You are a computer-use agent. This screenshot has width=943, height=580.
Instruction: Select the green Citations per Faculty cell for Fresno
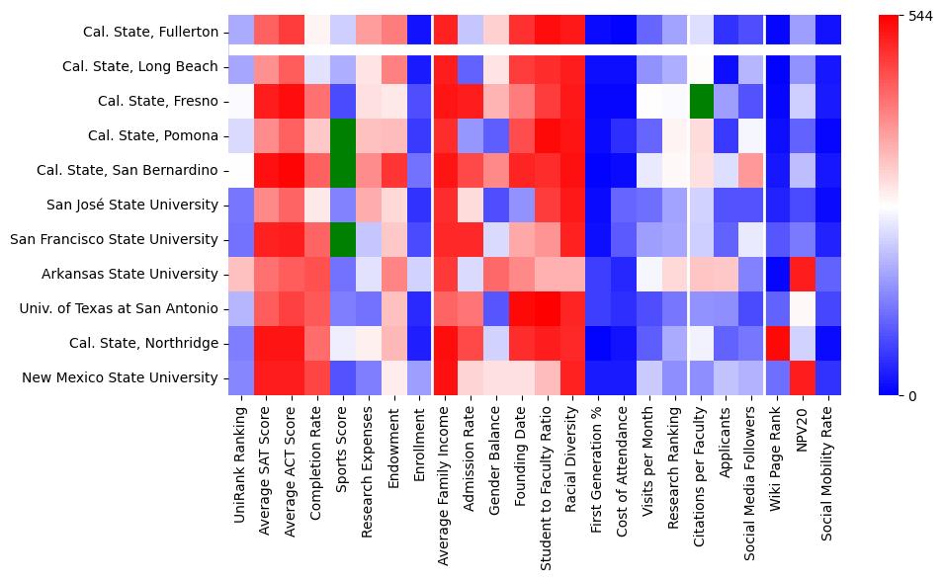coord(701,101)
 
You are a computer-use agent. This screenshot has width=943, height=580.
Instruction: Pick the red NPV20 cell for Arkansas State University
coord(804,274)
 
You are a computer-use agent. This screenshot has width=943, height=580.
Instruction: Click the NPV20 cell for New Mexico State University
coord(804,377)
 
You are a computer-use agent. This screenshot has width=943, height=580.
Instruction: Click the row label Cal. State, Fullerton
coord(151,33)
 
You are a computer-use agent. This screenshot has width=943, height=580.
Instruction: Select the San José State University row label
coord(132,205)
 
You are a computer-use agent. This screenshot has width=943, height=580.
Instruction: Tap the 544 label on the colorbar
coord(919,17)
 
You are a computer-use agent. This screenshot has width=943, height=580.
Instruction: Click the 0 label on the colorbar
coord(912,395)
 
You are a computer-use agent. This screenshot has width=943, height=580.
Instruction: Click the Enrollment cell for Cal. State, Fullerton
coord(419,32)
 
